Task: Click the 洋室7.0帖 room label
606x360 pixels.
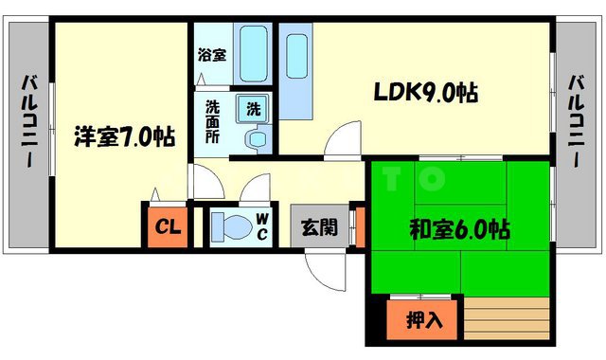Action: pyautogui.click(x=124, y=137)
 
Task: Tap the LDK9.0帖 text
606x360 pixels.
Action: pyautogui.click(x=424, y=93)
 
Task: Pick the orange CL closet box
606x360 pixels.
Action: pyautogui.click(x=166, y=226)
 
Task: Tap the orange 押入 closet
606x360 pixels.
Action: pyautogui.click(x=422, y=319)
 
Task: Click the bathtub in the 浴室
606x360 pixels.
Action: pyautogui.click(x=251, y=52)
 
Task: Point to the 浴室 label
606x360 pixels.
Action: pyautogui.click(x=211, y=55)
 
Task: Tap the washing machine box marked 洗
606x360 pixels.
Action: pyautogui.click(x=254, y=109)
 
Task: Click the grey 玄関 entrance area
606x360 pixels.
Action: pyautogui.click(x=317, y=227)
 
